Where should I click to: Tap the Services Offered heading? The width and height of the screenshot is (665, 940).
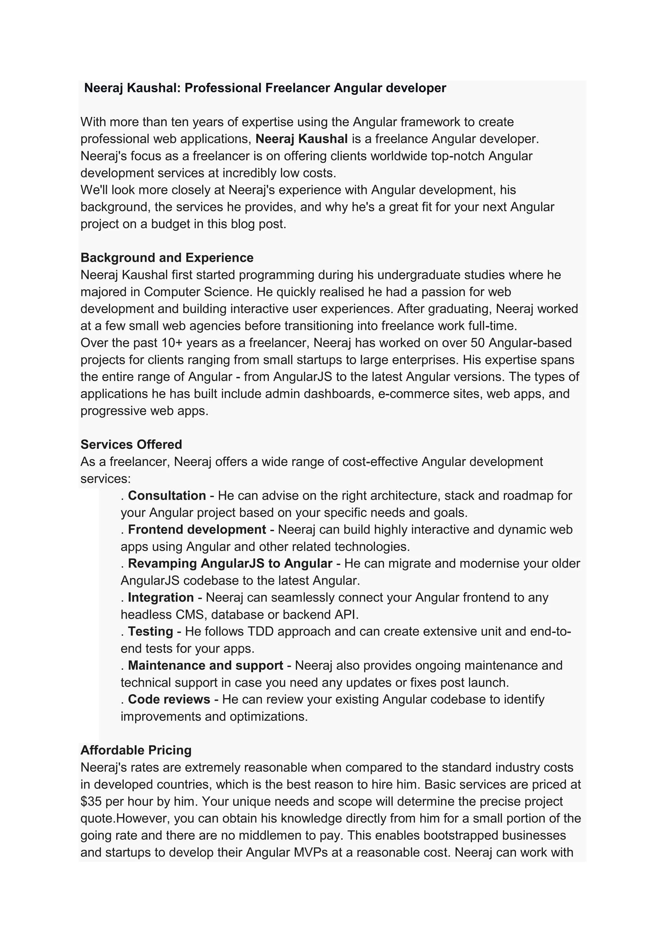point(131,444)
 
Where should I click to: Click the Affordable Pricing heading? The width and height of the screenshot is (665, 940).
point(136,750)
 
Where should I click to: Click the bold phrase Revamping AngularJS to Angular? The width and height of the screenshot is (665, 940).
point(230,563)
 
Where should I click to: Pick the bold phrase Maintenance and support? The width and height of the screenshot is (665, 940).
point(205,665)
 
